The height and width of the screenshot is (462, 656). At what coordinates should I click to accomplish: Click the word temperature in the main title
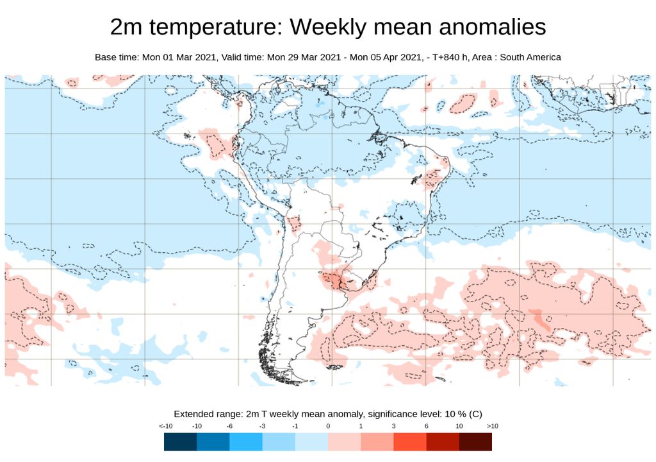216,27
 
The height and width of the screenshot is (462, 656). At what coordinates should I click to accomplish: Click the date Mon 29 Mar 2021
304,57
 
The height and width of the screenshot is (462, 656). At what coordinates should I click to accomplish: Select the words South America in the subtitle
530,57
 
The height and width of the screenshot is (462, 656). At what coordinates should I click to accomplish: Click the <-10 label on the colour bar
165,426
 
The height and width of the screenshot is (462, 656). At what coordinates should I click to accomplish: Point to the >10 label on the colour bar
492,426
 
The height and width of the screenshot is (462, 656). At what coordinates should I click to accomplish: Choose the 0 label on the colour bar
328,426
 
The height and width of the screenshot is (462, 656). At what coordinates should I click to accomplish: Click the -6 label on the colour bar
230,426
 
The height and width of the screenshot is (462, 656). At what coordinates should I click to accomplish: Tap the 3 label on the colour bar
394,426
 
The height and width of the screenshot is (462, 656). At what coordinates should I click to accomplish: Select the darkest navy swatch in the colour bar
180,442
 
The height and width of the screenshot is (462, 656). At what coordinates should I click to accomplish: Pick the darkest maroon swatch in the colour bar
475,442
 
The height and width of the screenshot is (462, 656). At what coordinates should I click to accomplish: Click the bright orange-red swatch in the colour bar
410,442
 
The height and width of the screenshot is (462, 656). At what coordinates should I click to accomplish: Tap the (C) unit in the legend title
475,414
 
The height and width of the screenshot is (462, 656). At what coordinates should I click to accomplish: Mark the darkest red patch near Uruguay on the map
332,279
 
